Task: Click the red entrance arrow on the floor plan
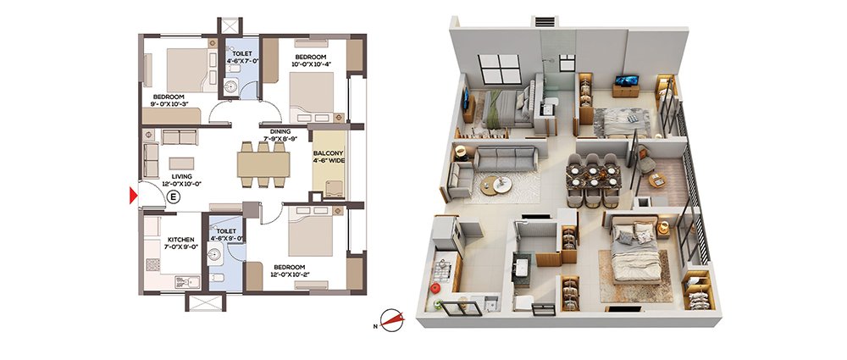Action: click(x=133, y=195)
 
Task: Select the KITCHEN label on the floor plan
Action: click(x=180, y=240)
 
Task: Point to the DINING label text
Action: click(x=281, y=131)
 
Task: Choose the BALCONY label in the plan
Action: click(x=329, y=153)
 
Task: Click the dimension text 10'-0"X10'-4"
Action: click(x=311, y=64)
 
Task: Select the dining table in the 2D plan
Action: click(x=263, y=164)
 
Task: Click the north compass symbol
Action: click(x=392, y=320)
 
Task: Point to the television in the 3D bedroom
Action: click(x=627, y=80)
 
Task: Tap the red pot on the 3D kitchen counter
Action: click(x=435, y=288)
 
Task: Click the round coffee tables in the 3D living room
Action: click(x=495, y=185)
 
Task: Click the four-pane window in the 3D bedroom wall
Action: click(x=499, y=69)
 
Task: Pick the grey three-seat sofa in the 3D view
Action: click(x=506, y=159)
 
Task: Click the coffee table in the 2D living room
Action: click(x=181, y=163)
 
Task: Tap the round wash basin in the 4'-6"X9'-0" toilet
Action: click(x=214, y=254)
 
